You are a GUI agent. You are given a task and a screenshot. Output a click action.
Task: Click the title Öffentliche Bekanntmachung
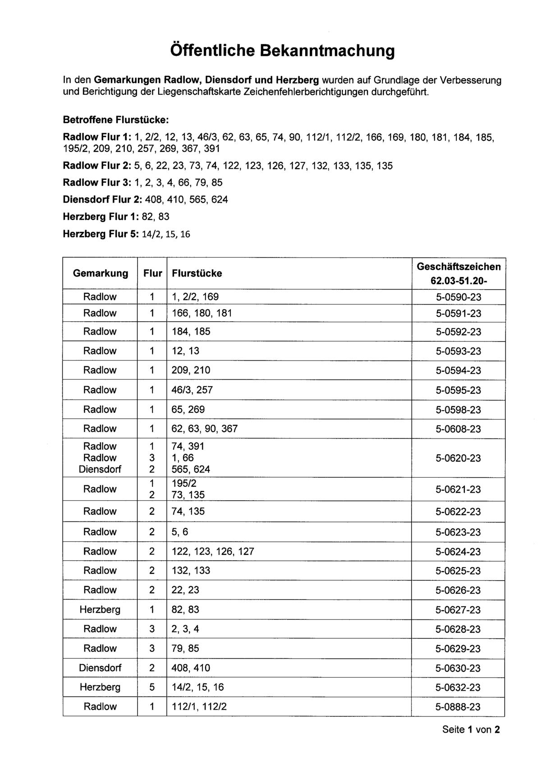[x=283, y=51]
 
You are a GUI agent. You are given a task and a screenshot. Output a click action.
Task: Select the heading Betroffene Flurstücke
[x=116, y=120]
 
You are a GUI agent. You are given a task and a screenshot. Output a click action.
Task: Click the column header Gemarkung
[x=101, y=273]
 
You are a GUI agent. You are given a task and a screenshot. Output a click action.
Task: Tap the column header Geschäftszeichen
[x=458, y=267]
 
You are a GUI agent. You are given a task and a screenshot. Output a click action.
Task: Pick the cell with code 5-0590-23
[x=458, y=297]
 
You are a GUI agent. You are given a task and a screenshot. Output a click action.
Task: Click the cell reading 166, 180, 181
[x=202, y=313]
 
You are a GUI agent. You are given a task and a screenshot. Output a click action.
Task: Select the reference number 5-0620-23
[x=458, y=458]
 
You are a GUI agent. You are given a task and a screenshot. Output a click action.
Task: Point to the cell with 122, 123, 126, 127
[x=213, y=551]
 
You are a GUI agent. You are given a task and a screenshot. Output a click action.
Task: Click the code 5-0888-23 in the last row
[x=458, y=707]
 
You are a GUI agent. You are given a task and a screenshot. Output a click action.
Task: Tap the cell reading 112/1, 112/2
[x=199, y=706]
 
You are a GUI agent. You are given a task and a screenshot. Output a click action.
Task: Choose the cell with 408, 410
[x=191, y=668]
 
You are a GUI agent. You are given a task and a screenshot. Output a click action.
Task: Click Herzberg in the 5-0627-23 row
[x=100, y=609]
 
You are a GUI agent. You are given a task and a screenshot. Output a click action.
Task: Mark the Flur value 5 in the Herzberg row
[x=152, y=687]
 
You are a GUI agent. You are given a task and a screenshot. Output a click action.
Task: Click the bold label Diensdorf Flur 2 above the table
[x=97, y=199]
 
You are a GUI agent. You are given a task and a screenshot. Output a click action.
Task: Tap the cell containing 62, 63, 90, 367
[x=205, y=429]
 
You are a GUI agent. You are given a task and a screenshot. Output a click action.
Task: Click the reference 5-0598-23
[x=458, y=410]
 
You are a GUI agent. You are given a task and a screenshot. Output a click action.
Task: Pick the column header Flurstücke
[x=197, y=273]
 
